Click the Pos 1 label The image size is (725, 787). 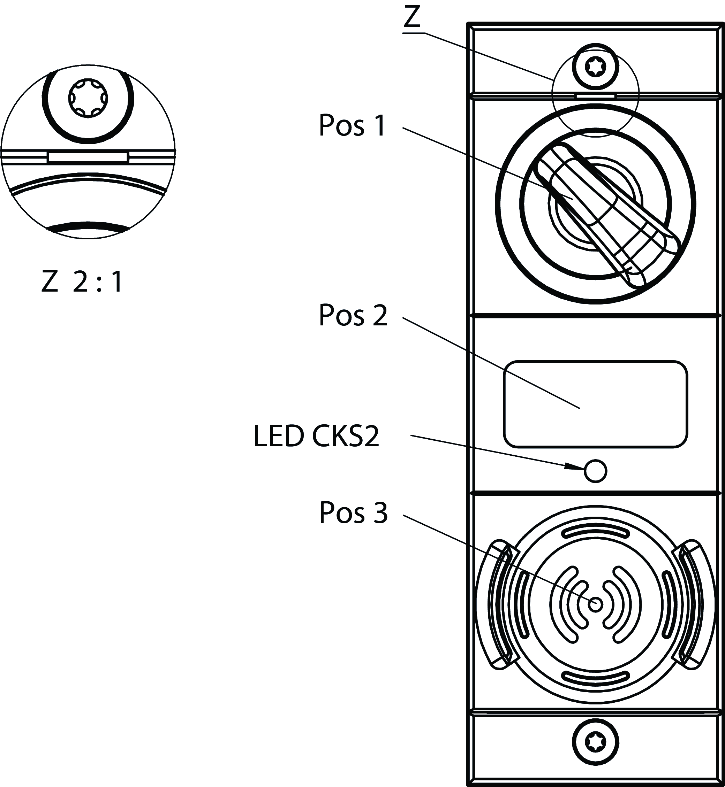click(352, 125)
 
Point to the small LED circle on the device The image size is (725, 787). click(595, 471)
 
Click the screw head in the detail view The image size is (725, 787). click(88, 98)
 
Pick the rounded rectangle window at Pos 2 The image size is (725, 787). click(595, 404)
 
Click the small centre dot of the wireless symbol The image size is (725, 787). click(596, 604)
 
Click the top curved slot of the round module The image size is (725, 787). click(596, 532)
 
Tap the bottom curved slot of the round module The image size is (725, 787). click(596, 677)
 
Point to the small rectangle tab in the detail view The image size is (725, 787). click(88, 157)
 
